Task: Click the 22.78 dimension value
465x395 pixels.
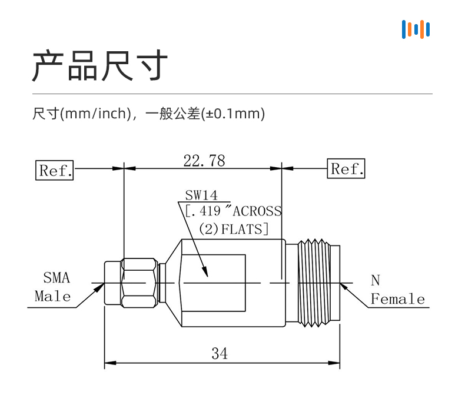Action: (204, 161)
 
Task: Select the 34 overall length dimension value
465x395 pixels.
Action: (220, 353)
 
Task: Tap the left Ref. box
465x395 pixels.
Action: (55, 170)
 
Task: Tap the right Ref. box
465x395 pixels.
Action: (346, 168)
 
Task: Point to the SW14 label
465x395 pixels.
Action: (201, 195)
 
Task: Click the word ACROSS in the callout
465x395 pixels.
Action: (257, 211)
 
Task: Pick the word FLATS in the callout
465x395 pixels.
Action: (242, 229)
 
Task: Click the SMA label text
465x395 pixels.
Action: (57, 278)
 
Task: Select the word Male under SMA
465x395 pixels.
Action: (53, 296)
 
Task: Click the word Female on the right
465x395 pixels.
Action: (398, 298)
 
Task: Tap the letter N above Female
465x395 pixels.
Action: (376, 280)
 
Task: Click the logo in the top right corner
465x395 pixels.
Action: (416, 29)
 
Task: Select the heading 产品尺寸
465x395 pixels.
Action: (100, 65)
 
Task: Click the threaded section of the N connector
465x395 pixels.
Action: (314, 283)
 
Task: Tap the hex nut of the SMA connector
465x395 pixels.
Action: (139, 283)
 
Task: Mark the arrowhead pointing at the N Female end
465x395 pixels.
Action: (344, 288)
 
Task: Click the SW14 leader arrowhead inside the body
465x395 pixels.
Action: (205, 271)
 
